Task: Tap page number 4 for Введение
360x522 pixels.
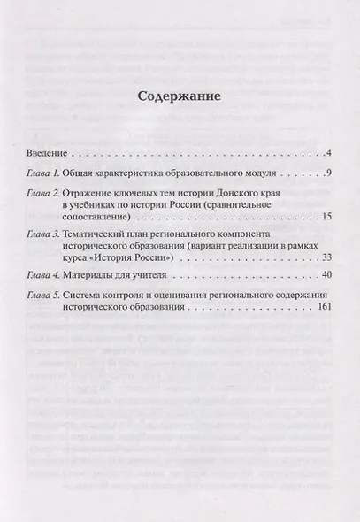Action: pos(327,154)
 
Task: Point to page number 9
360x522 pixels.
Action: pos(327,172)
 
